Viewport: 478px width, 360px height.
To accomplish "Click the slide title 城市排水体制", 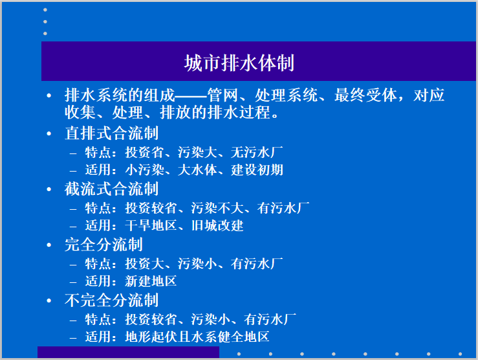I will pyautogui.click(x=239, y=63).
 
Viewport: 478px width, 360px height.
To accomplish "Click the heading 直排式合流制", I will pyautogui.click(x=111, y=133).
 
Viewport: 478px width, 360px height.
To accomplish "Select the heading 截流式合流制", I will pyautogui.click(x=111, y=189).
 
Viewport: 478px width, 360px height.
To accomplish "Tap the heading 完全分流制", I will pyautogui.click(x=103, y=245).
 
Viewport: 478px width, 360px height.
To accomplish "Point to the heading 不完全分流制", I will pyautogui.click(x=111, y=300).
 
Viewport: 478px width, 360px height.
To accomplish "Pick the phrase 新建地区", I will pyautogui.click(x=151, y=282).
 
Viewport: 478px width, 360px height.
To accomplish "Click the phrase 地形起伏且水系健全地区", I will pyautogui.click(x=197, y=337).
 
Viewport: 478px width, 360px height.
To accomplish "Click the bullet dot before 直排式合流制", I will pyautogui.click(x=49, y=134).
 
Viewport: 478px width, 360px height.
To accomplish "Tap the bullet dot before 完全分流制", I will pyautogui.click(x=49, y=245).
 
